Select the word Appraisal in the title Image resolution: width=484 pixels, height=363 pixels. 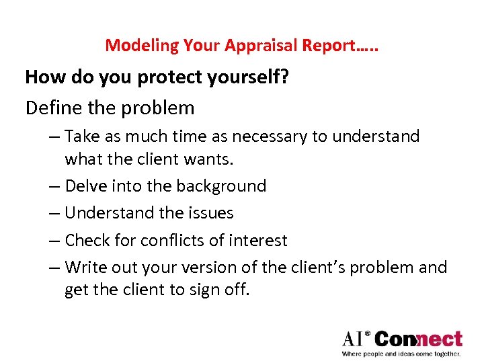(x=251, y=46)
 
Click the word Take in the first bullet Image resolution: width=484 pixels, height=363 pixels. (x=82, y=136)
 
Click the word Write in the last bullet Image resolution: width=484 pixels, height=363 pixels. (x=85, y=268)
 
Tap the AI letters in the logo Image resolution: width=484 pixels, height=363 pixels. (x=356, y=339)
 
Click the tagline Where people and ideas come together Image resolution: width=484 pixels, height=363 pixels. (x=401, y=354)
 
